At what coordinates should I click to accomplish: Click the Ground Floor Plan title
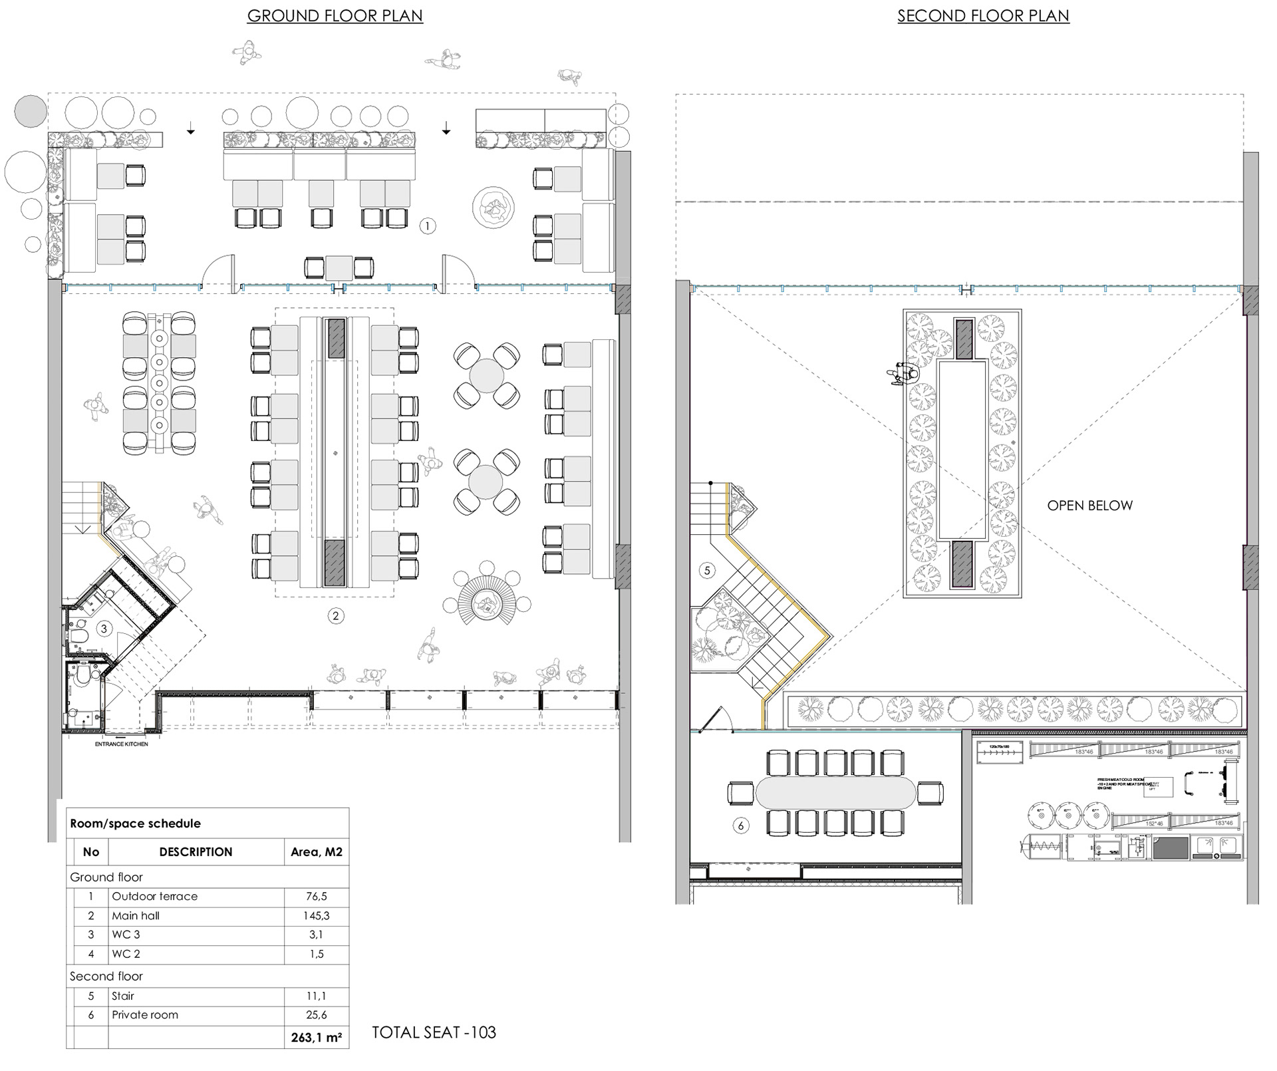[335, 15]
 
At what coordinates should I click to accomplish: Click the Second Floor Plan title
[983, 15]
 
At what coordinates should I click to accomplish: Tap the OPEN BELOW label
[1089, 506]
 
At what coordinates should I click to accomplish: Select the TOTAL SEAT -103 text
[434, 1032]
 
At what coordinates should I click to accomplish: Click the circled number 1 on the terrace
[428, 226]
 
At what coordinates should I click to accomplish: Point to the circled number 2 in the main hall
[335, 616]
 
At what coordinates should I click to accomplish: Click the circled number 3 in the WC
[103, 628]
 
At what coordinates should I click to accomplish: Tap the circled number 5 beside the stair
[707, 570]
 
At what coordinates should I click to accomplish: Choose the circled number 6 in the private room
[740, 826]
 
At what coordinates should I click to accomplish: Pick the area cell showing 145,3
[316, 916]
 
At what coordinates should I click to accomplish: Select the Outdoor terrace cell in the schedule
[154, 897]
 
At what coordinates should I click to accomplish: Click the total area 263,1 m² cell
[316, 1037]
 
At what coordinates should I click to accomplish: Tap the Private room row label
[145, 1015]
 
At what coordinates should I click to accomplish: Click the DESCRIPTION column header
[196, 852]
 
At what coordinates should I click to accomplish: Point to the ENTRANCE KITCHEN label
[121, 744]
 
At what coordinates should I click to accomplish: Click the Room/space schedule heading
[135, 824]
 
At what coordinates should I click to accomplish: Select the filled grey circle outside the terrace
[31, 110]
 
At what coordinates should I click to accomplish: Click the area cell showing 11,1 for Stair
[316, 996]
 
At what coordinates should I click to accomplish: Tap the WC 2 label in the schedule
[126, 954]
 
